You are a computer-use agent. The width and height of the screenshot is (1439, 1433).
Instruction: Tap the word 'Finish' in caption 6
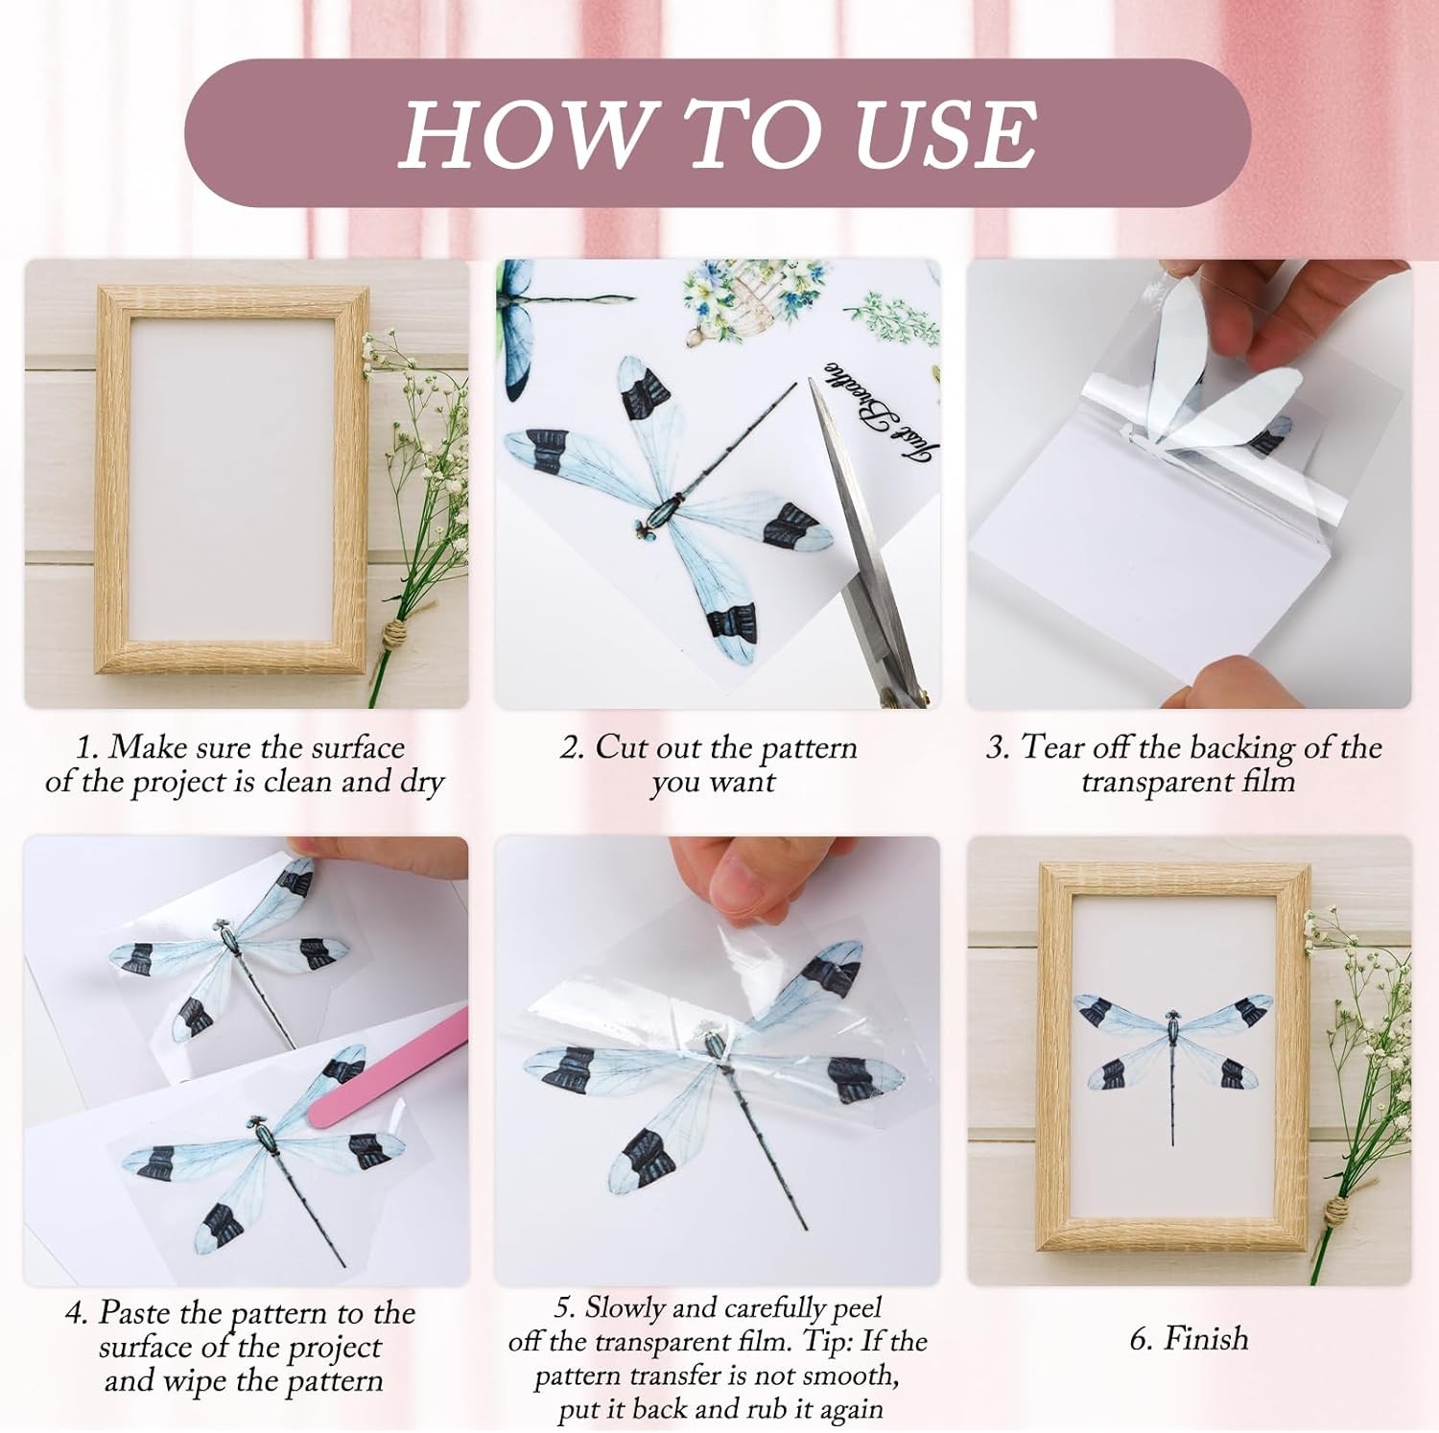(1205, 1337)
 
